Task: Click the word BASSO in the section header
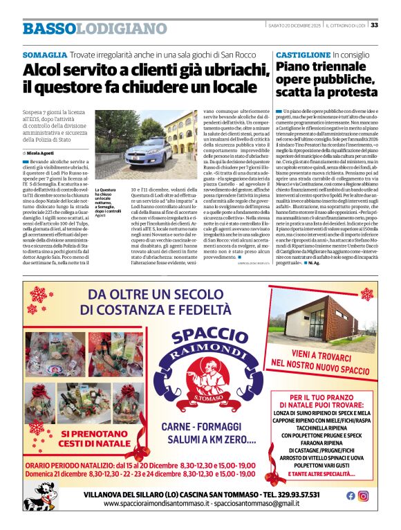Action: pyautogui.click(x=48, y=28)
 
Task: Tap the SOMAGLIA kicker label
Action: pyautogui.click(x=45, y=54)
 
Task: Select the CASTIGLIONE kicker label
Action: pyautogui.click(x=302, y=54)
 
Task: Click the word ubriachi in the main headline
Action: pyautogui.click(x=231, y=71)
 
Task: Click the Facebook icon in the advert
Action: pyautogui.click(x=351, y=495)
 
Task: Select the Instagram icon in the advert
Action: pyautogui.click(x=363, y=495)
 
